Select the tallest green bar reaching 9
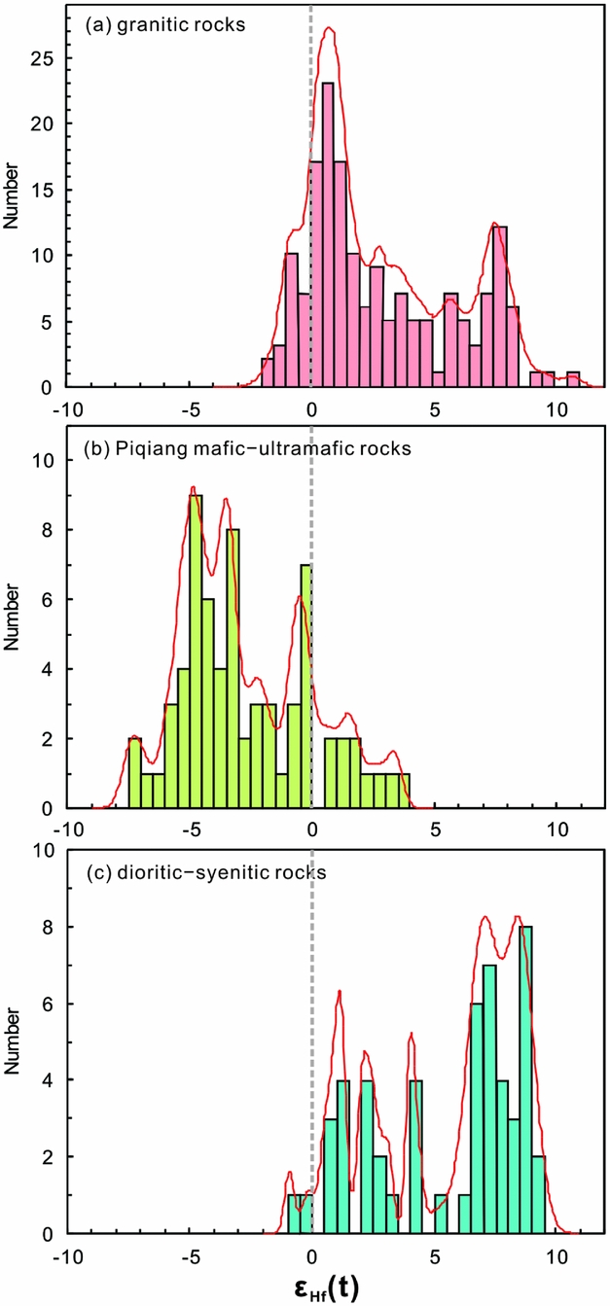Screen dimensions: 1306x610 click(196, 652)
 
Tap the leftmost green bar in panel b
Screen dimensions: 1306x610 click(135, 773)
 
